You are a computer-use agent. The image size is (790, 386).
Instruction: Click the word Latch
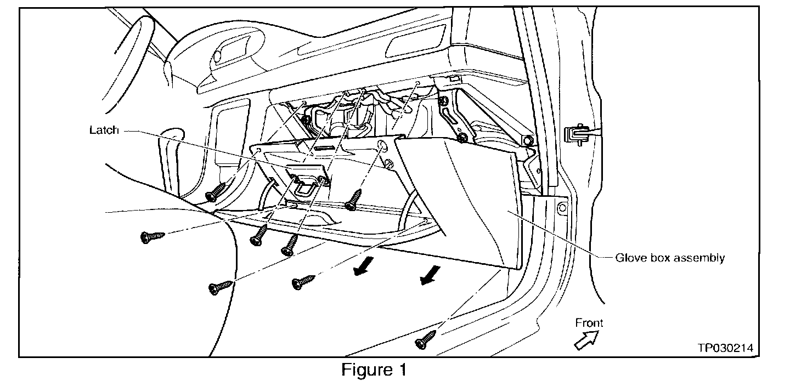pos(104,130)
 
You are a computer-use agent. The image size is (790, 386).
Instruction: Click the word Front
pos(589,322)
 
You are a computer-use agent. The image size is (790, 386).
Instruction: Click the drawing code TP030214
pos(725,348)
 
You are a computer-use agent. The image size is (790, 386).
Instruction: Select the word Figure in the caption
pos(367,370)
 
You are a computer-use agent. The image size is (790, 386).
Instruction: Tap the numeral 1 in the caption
pos(402,370)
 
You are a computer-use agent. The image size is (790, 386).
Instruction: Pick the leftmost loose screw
pos(153,236)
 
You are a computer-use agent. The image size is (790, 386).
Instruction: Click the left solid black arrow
pos(363,266)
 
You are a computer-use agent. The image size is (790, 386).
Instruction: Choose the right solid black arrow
pos(430,275)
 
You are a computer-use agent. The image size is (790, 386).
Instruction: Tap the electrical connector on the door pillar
pos(576,134)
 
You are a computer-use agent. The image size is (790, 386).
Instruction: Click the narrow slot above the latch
pos(325,148)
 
